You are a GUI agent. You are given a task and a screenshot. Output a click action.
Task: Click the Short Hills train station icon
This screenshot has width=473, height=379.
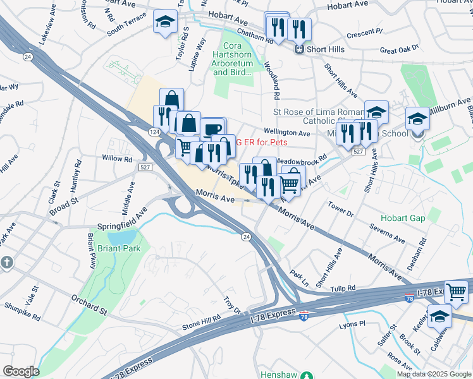tap(300, 49)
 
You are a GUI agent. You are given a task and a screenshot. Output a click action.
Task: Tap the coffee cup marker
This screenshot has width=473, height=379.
tap(213, 128)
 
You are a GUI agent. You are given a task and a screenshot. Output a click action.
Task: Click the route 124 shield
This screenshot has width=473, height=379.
tap(154, 131)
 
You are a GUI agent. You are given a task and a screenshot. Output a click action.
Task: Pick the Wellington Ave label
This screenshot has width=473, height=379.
tap(291, 133)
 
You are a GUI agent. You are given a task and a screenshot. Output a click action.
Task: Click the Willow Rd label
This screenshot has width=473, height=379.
tap(116, 159)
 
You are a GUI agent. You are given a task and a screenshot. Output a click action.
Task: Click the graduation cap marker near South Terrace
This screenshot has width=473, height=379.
tap(165, 23)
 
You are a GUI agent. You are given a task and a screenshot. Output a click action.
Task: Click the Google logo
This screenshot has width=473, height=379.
tap(21, 371)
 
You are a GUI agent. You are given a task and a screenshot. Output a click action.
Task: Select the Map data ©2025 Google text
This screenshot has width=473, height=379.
tap(434, 374)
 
